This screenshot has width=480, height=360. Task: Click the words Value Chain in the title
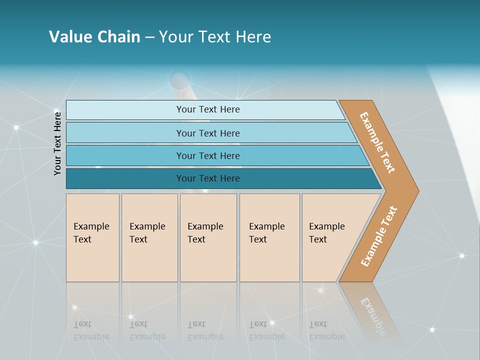pos(94,37)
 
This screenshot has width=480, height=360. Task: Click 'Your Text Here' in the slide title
pos(215,37)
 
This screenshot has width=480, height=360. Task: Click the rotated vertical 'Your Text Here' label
pos(57,144)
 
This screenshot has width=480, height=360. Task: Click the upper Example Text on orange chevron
pos(377,142)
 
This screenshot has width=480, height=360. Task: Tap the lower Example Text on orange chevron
pos(379,236)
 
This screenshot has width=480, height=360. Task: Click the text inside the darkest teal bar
pos(208,178)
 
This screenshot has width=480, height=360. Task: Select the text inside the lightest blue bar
pos(208,109)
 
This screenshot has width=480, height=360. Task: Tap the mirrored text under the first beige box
pos(91,330)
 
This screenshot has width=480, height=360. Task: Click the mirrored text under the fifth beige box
pos(326,330)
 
